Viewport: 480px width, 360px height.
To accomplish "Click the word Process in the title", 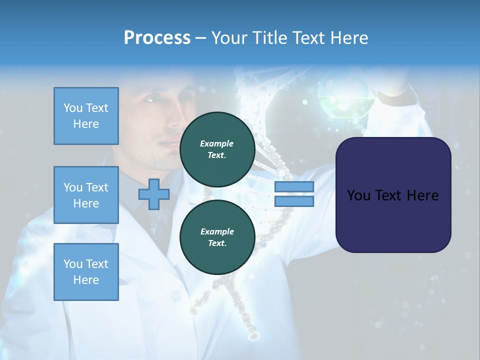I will [x=157, y=38].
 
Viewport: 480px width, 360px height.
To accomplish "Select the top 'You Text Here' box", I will [x=86, y=116].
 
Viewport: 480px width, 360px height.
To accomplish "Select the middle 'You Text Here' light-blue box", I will [x=86, y=195].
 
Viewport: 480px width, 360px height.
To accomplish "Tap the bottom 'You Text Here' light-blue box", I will [x=86, y=272].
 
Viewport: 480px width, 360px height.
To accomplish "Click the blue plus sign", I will [x=153, y=194].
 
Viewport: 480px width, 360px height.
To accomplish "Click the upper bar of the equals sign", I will [x=294, y=187].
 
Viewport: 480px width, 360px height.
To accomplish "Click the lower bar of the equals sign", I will [x=294, y=201].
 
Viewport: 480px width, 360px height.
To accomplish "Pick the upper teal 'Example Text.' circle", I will [x=217, y=149].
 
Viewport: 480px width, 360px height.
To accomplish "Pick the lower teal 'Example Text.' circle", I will [x=217, y=237].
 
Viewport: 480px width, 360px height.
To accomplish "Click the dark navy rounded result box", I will [x=393, y=195].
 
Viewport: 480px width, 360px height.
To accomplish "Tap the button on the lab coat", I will [x=175, y=296].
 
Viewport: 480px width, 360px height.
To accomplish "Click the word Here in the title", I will [x=348, y=38].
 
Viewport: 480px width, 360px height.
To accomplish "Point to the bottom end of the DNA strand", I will [x=254, y=336].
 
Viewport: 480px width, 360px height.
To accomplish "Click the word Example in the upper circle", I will [x=217, y=143].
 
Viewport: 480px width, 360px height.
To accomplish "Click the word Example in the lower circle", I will [x=217, y=231].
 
